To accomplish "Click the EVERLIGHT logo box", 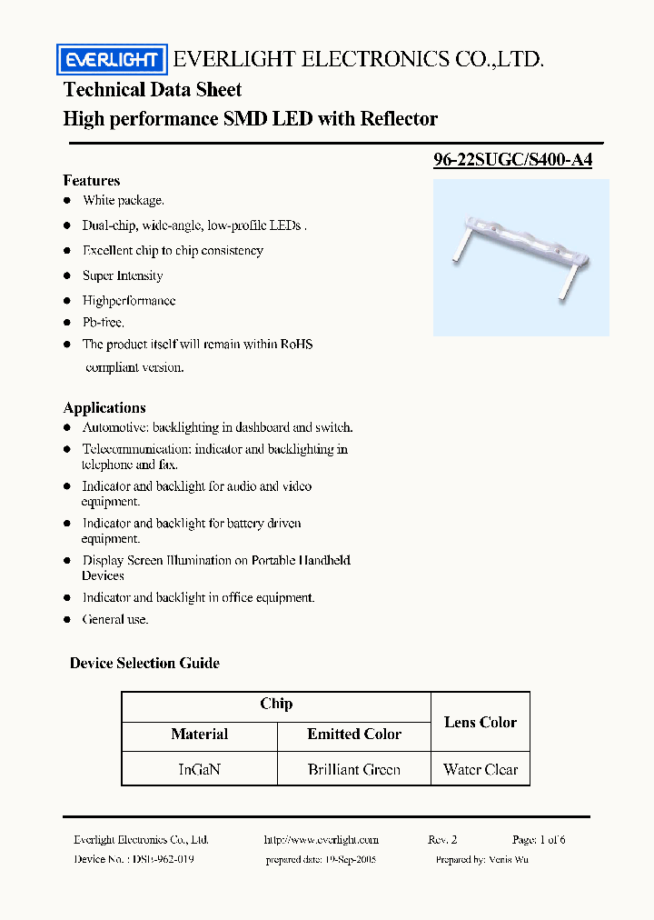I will click(x=113, y=60).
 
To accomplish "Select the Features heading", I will click(x=91, y=180).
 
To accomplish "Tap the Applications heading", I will click(x=104, y=407).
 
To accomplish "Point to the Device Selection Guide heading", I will click(x=144, y=663).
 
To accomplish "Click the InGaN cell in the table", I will click(x=199, y=769).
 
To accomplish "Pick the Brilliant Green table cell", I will click(x=353, y=769).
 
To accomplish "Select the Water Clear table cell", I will click(x=480, y=769).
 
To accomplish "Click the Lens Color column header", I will click(x=480, y=722).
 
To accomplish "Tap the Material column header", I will click(x=199, y=734).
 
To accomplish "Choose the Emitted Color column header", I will click(x=353, y=734).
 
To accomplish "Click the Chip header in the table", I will click(x=276, y=704).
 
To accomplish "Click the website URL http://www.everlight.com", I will click(x=321, y=840).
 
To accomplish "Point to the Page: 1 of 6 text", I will click(x=539, y=840).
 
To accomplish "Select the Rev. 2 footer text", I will click(x=442, y=840).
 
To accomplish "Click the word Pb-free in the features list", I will click(x=104, y=322).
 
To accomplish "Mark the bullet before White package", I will click(x=67, y=201).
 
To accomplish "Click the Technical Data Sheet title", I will click(x=153, y=89).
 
